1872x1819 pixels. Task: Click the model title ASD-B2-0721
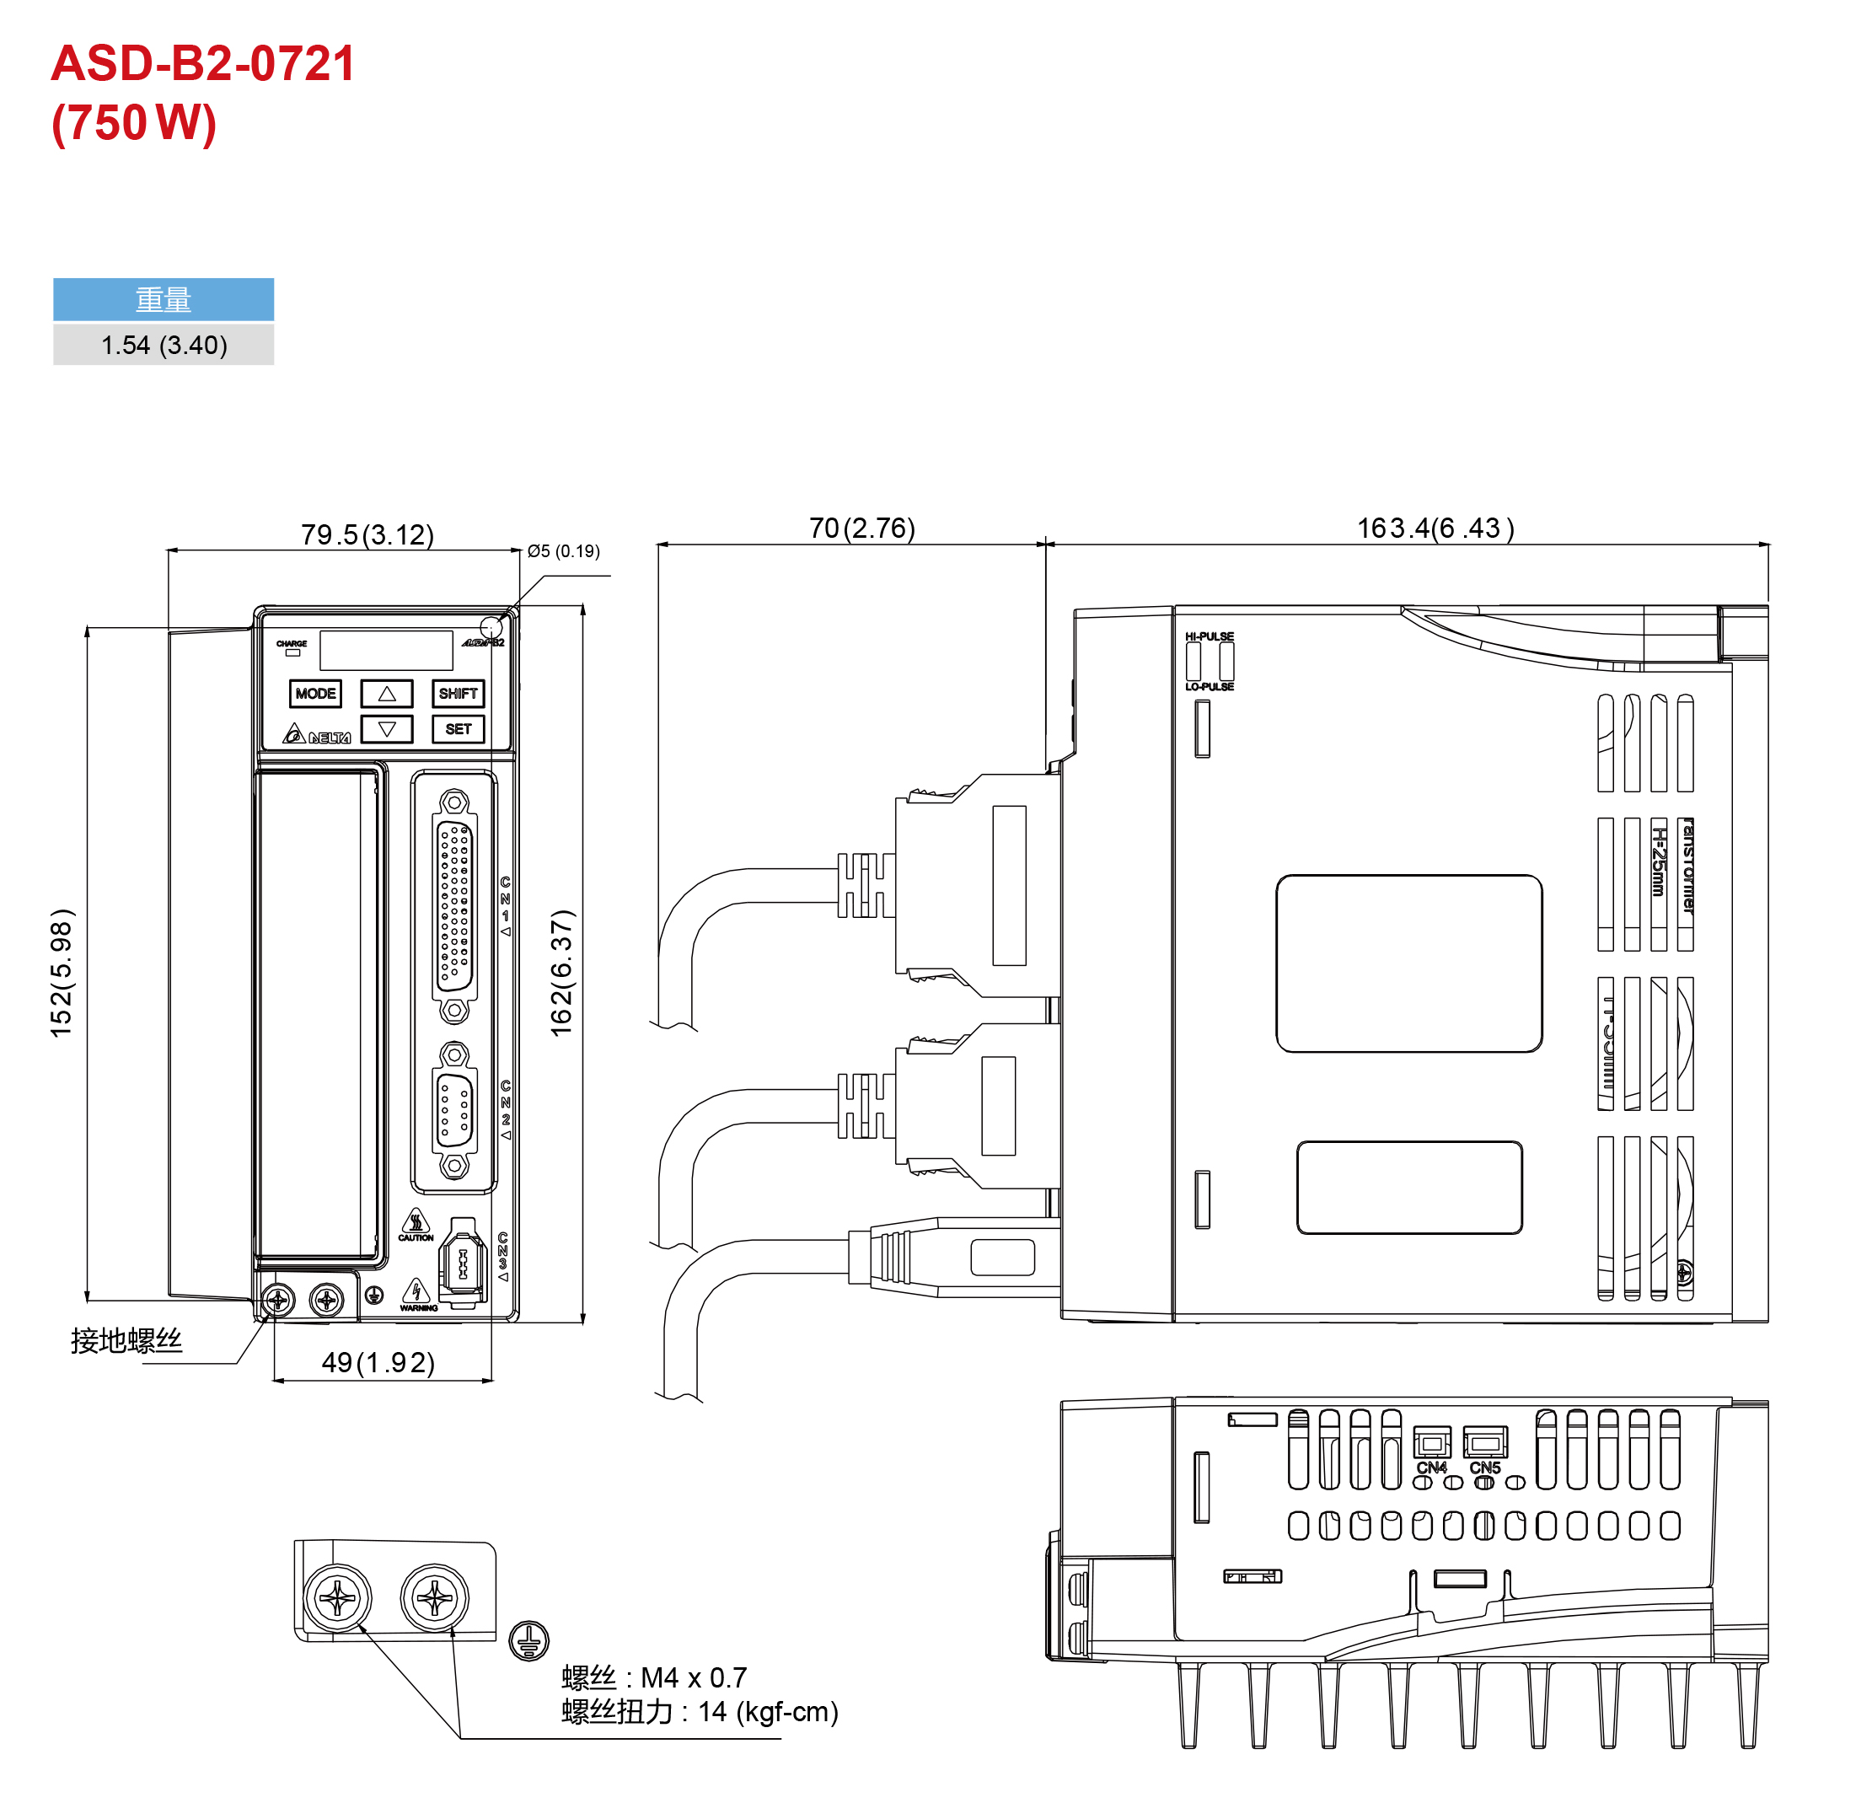click(202, 64)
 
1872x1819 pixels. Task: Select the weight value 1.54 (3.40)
click(164, 345)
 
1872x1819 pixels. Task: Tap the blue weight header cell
click(164, 300)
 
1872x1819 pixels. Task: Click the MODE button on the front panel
click(315, 694)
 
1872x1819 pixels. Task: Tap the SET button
click(459, 729)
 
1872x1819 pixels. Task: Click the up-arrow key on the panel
click(387, 694)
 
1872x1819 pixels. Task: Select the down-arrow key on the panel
click(387, 729)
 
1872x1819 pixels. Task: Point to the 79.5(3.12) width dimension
click(367, 535)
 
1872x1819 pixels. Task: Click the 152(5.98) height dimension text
click(62, 973)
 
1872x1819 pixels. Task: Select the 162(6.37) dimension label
click(561, 973)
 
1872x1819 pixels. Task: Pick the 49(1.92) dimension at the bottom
click(378, 1362)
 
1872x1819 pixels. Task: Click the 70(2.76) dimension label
click(861, 529)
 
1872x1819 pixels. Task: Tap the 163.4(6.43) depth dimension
click(1435, 529)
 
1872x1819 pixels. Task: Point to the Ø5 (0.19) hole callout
click(564, 551)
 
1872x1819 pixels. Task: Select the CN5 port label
click(1484, 1468)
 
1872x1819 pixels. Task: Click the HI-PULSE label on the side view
click(1210, 636)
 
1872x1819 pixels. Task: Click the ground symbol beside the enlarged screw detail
click(529, 1641)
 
